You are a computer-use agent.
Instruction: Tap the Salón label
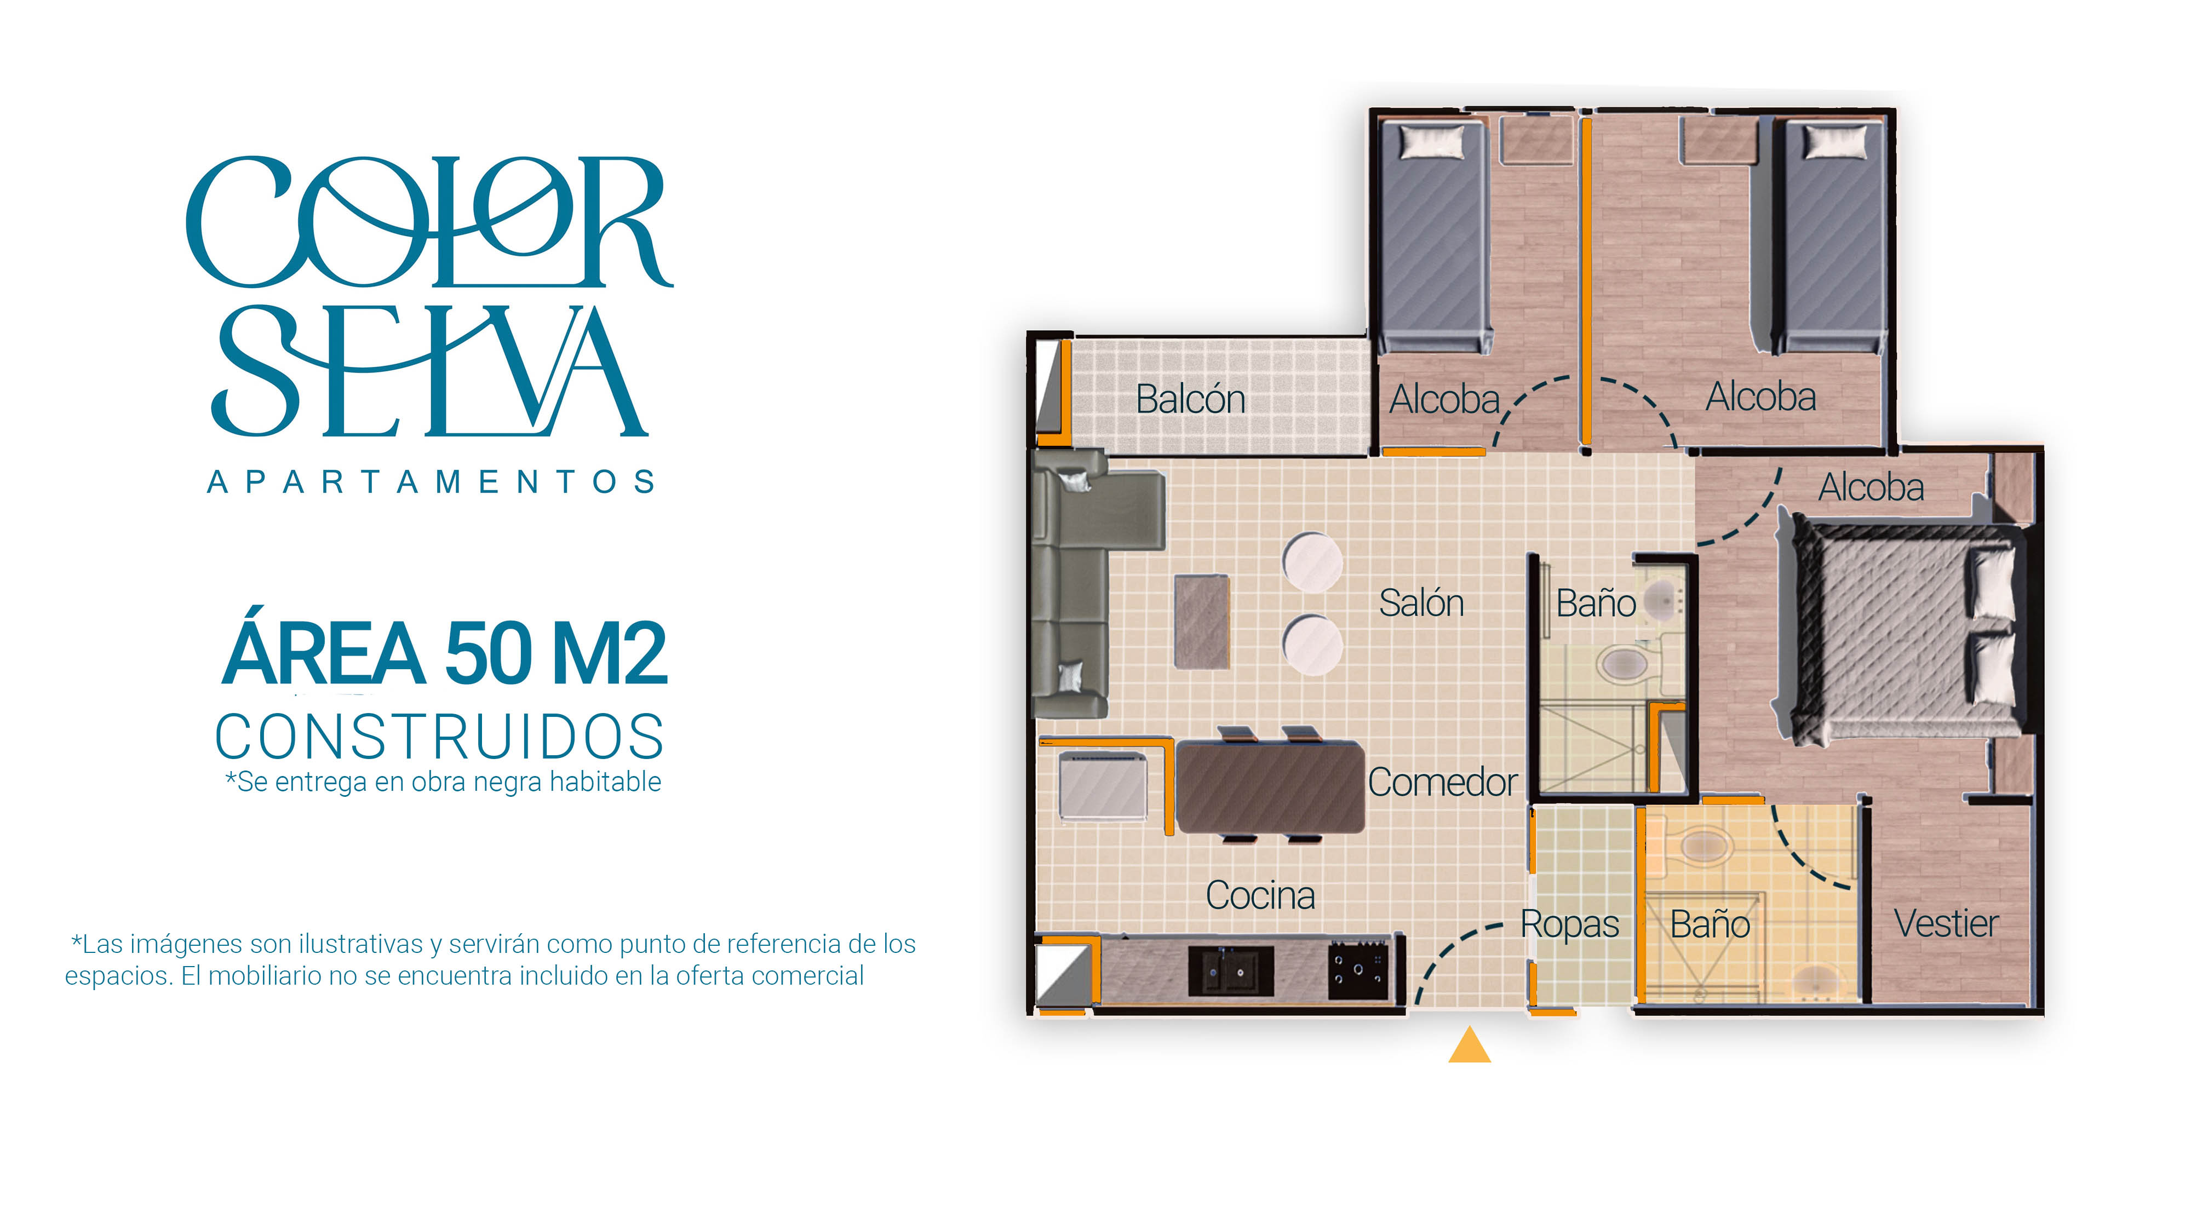click(1421, 603)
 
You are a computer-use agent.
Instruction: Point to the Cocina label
click(1260, 895)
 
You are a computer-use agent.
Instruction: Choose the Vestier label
click(1946, 924)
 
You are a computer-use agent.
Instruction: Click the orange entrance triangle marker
click(1469, 1045)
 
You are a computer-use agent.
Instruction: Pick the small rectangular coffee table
click(1202, 622)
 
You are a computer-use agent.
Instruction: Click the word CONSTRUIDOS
click(439, 737)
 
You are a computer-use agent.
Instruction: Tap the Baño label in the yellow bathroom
click(1710, 924)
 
